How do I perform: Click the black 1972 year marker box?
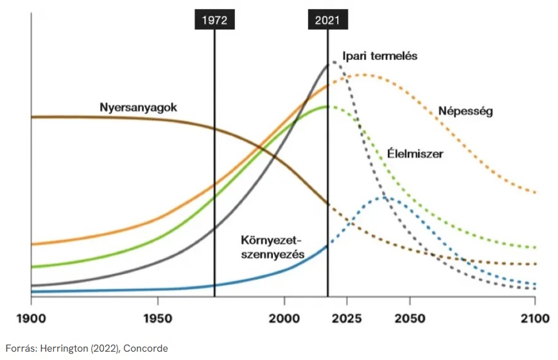(x=214, y=20)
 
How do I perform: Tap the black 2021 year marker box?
(x=327, y=20)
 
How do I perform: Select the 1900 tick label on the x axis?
(x=31, y=318)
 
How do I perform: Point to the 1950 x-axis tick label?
(x=157, y=318)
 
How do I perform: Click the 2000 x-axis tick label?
(x=284, y=318)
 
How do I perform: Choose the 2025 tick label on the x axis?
(x=347, y=318)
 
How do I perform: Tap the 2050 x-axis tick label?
(x=410, y=318)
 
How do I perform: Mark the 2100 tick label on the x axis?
(x=535, y=318)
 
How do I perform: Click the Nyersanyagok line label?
(x=138, y=107)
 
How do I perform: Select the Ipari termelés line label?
(x=379, y=56)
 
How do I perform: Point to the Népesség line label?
(x=465, y=111)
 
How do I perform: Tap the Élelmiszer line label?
(x=415, y=154)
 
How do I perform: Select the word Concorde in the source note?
(x=146, y=348)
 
